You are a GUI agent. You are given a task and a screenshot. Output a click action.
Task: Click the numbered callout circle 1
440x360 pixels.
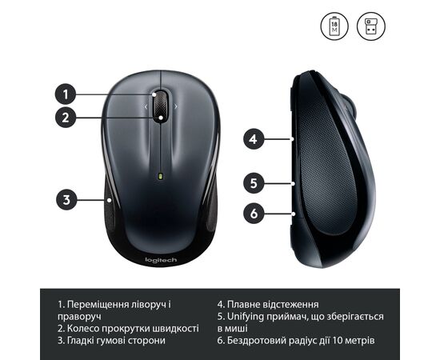pyautogui.click(x=66, y=94)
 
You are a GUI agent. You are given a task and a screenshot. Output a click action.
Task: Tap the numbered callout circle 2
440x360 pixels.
pyautogui.click(x=66, y=118)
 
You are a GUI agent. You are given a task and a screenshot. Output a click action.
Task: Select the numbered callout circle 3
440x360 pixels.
pyautogui.click(x=66, y=200)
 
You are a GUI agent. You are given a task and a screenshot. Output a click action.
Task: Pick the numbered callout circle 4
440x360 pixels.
pyautogui.click(x=254, y=139)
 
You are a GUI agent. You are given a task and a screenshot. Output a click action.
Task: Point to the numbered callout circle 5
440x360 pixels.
pyautogui.click(x=254, y=183)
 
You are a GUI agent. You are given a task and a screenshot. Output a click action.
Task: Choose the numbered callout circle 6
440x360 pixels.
pyautogui.click(x=254, y=214)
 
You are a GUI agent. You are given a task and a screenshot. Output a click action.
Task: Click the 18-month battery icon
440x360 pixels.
pyautogui.click(x=334, y=26)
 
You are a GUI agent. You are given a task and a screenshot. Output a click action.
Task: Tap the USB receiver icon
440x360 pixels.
pyautogui.click(x=371, y=26)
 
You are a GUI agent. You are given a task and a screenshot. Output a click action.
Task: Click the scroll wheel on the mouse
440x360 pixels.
pyautogui.click(x=160, y=106)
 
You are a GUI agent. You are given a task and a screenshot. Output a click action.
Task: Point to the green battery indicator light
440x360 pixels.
pyautogui.click(x=161, y=176)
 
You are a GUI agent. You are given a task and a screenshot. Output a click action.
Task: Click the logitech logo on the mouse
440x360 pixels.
pyautogui.click(x=161, y=260)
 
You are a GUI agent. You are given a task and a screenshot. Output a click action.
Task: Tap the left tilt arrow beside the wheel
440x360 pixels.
pyautogui.click(x=146, y=106)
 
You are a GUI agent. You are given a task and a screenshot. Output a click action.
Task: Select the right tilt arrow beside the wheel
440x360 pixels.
pyautogui.click(x=176, y=106)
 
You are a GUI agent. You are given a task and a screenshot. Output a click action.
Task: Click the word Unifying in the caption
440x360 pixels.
pyautogui.click(x=246, y=317)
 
